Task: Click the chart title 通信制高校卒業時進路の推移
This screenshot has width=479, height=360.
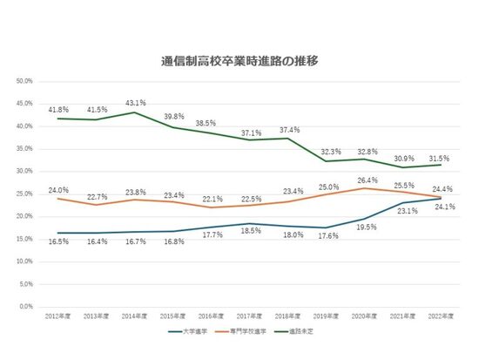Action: pyautogui.click(x=239, y=62)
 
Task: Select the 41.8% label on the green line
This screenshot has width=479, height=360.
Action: pyautogui.click(x=58, y=109)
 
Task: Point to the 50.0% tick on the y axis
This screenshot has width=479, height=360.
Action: pyautogui.click(x=24, y=81)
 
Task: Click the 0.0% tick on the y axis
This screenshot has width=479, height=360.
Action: pyautogui.click(x=26, y=306)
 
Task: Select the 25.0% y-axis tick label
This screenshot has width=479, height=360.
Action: pyautogui.click(x=24, y=194)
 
